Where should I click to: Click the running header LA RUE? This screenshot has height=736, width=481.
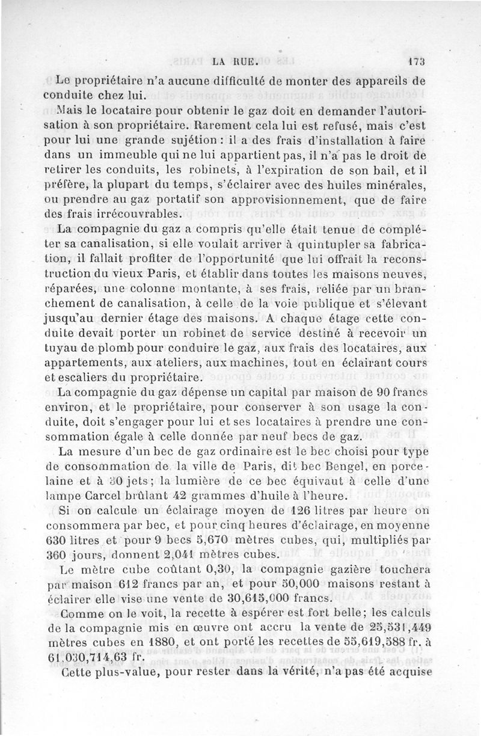[x=235, y=61]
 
